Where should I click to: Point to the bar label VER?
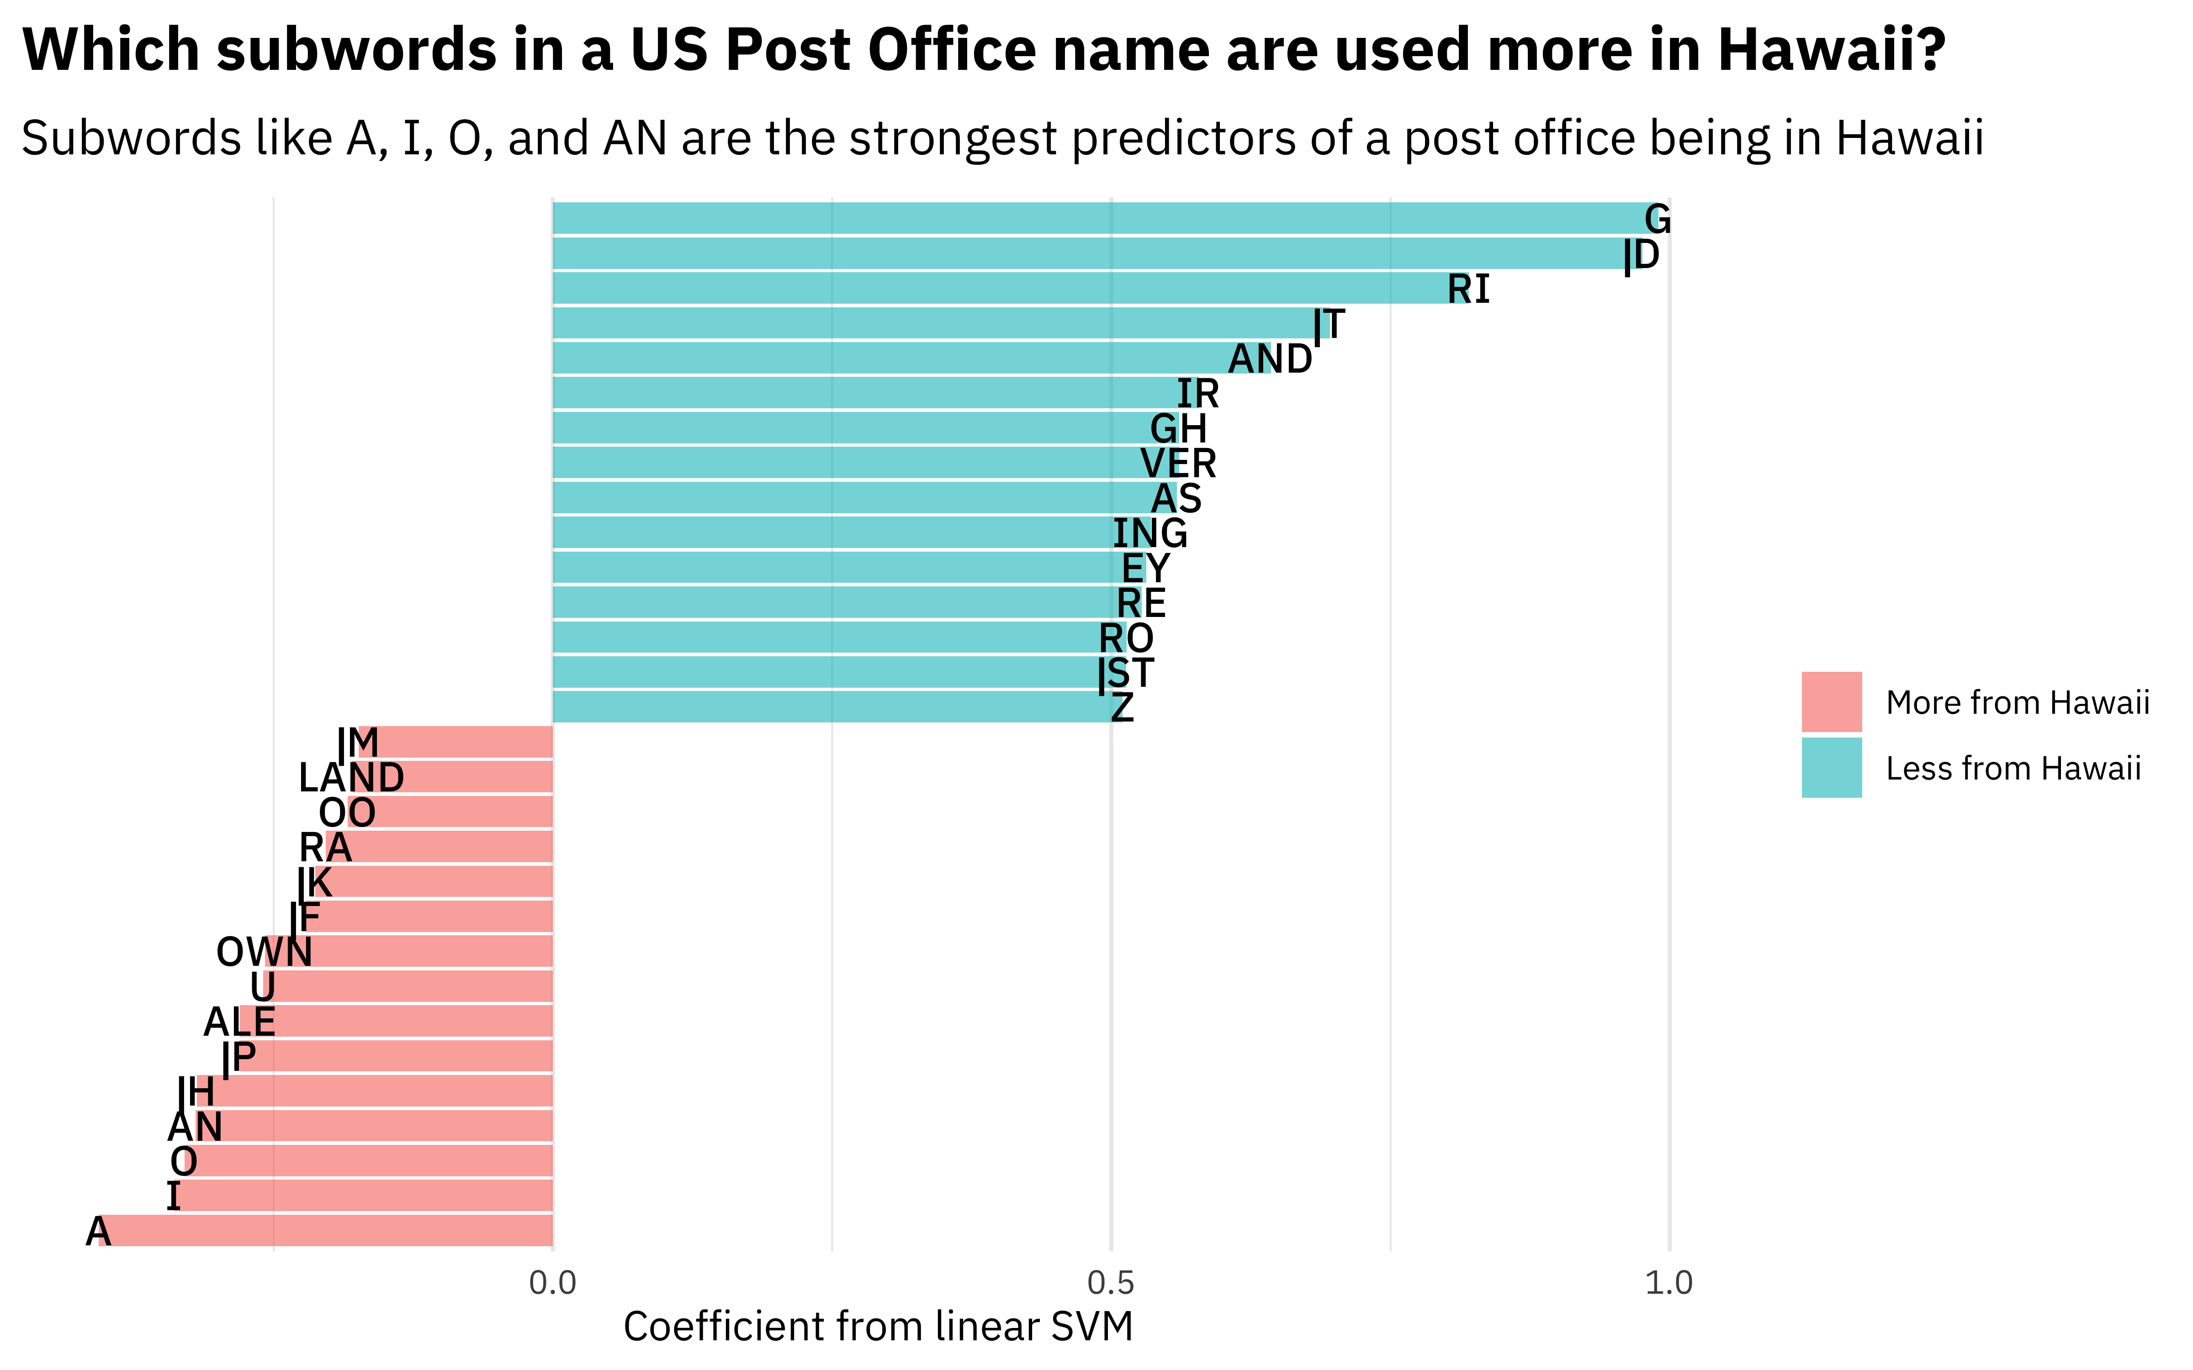click(1178, 464)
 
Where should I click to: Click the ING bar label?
click(1150, 534)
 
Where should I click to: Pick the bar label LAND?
click(352, 777)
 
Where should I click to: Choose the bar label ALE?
click(239, 1022)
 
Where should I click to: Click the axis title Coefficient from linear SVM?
click(878, 1327)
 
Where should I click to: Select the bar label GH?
click(1178, 428)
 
